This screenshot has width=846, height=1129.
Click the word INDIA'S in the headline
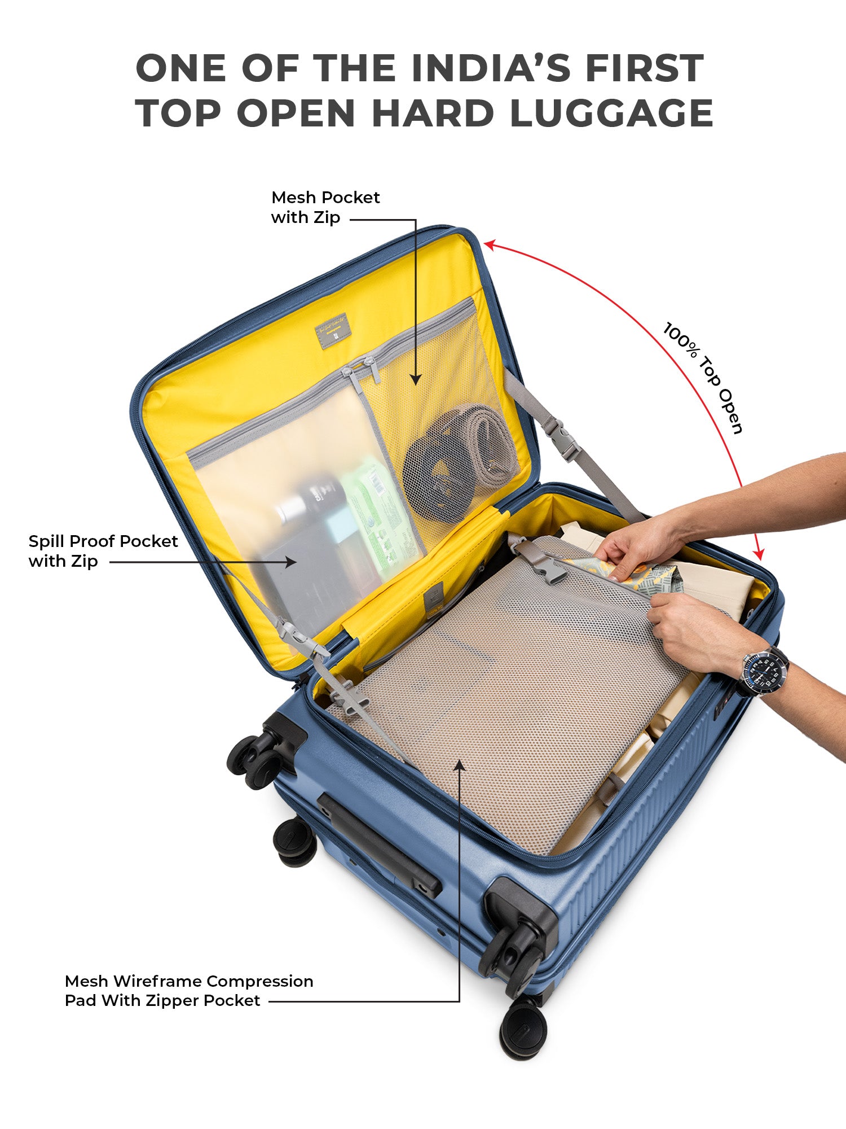point(490,68)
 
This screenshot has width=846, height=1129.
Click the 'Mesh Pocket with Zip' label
point(325,207)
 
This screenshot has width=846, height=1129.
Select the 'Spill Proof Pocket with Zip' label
point(103,551)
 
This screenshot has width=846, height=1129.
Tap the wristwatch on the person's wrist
point(764,672)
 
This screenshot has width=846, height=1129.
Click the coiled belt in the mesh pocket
point(460,462)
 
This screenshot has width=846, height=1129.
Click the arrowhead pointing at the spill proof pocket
point(290,562)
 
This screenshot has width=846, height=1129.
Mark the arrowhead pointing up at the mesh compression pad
point(460,765)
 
